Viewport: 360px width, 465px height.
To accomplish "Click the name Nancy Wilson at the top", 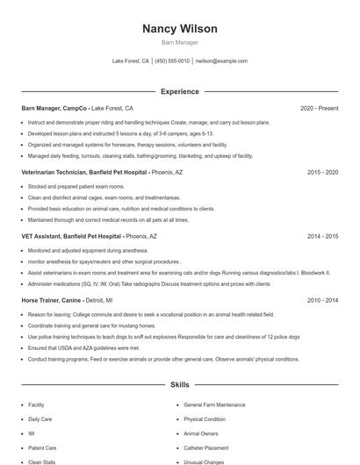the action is tap(179, 29).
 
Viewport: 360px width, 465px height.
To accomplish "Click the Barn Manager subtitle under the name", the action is tap(179, 42).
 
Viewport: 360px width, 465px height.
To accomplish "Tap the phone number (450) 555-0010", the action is tap(172, 61).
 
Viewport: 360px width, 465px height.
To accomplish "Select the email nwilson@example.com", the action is tap(221, 61).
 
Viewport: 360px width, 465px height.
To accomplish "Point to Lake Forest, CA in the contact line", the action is tap(131, 61).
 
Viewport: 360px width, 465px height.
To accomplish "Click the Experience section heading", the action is tap(179, 91).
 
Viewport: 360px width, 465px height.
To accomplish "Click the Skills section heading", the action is tap(179, 385).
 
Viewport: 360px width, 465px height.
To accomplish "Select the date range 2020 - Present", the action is tap(319, 108).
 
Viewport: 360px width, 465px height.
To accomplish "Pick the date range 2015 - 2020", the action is tap(322, 173).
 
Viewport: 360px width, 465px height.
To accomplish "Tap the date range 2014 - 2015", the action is tap(322, 237).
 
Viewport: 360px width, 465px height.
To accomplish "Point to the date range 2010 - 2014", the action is tap(322, 301).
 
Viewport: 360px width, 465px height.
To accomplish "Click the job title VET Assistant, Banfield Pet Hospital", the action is tap(72, 237).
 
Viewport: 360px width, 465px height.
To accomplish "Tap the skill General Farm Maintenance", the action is tap(214, 404).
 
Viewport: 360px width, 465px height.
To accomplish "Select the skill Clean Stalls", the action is tap(42, 461).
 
